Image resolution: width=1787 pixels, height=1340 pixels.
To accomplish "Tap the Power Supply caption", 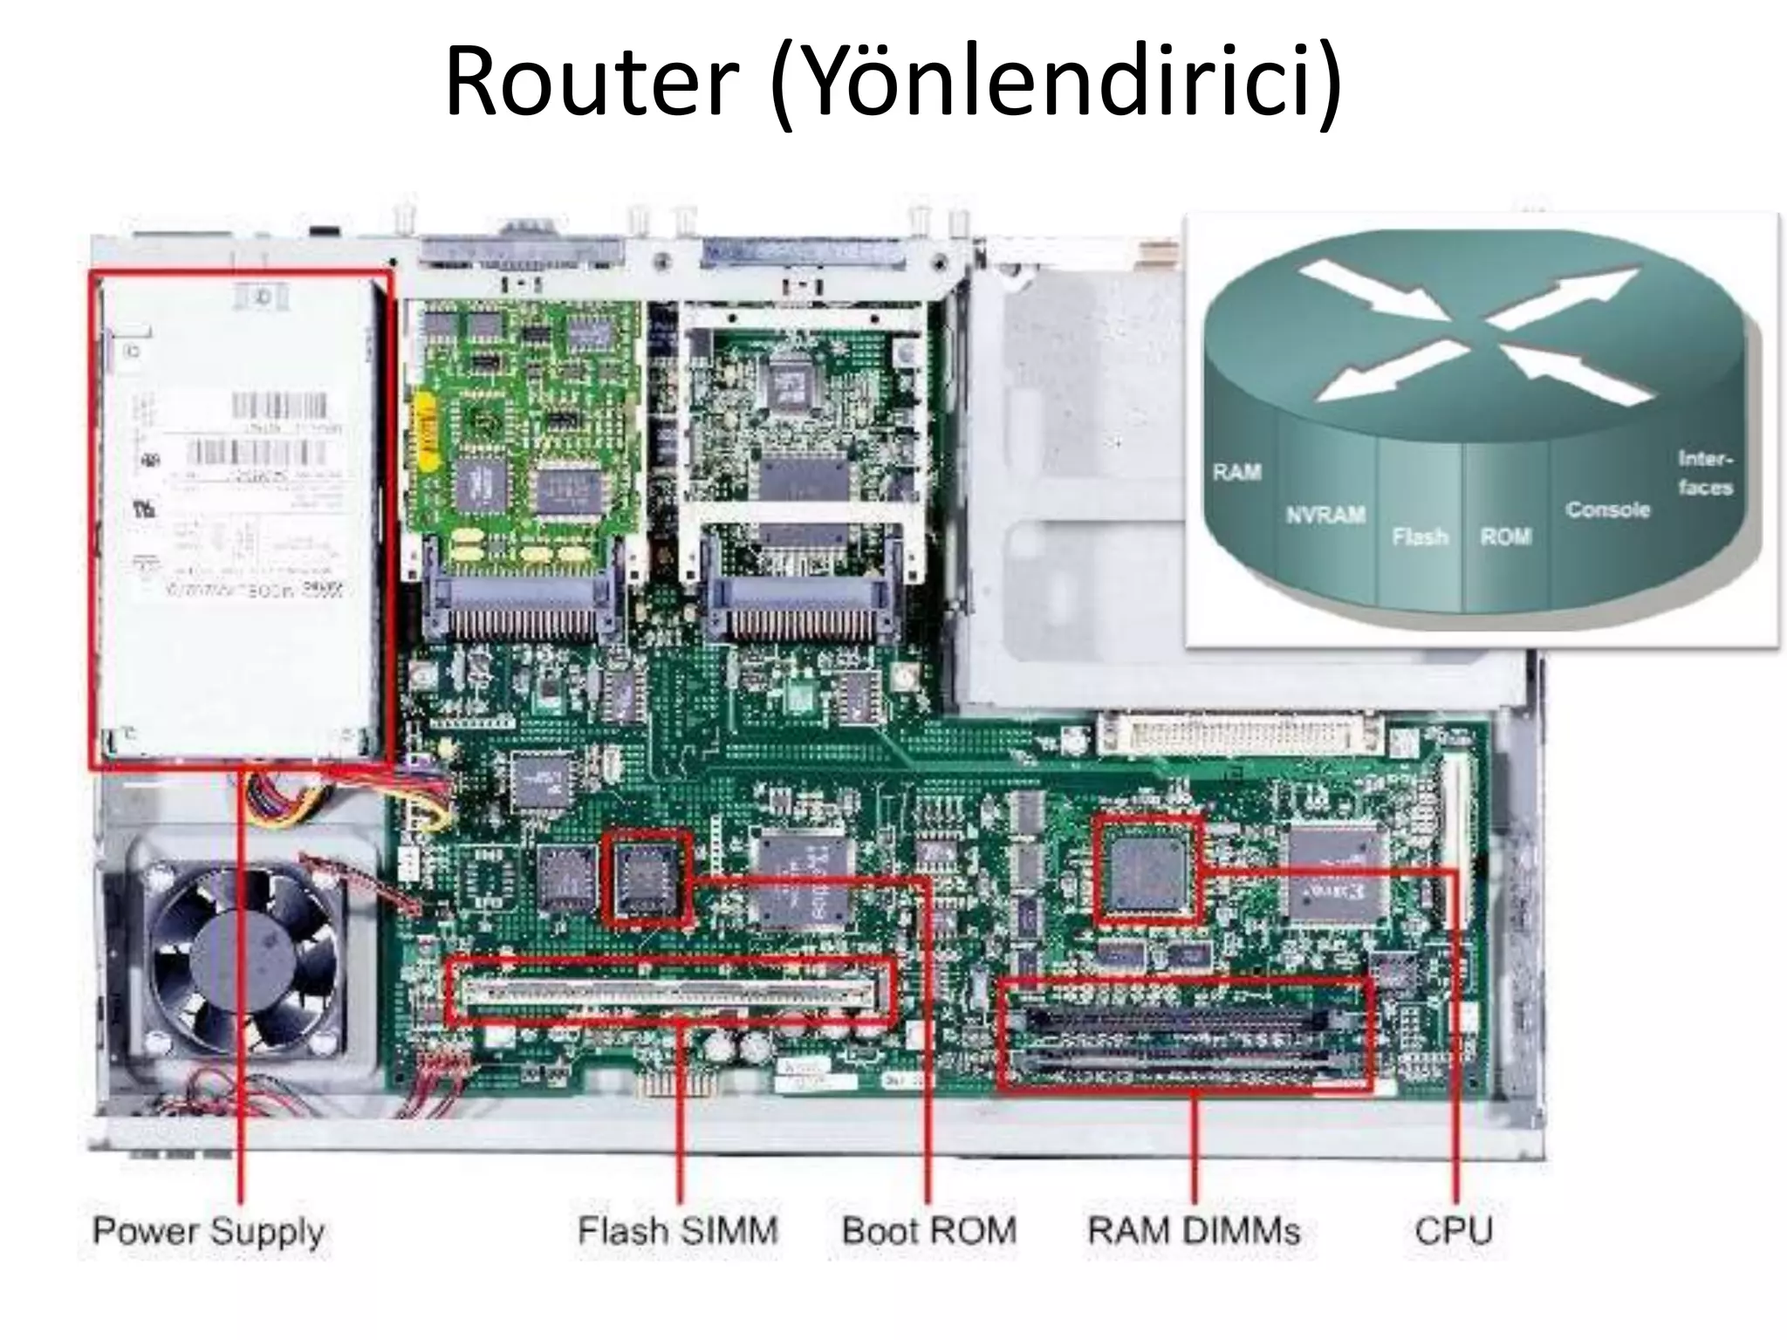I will (x=209, y=1231).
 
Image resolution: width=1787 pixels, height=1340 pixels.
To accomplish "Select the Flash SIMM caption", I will (x=677, y=1231).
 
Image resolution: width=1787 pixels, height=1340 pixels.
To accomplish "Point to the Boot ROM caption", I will (x=929, y=1231).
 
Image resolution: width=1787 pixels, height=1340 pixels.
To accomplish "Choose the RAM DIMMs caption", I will (x=1194, y=1231).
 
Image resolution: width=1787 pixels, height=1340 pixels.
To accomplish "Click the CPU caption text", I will (x=1454, y=1231).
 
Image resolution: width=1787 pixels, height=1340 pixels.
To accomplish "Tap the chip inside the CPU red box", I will (x=1147, y=870).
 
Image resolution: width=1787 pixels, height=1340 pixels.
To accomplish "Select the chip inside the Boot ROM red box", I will (x=647, y=877).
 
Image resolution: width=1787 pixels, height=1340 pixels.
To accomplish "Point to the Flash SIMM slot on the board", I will (x=669, y=990).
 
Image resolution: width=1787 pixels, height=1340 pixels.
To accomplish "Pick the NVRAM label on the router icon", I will (x=1325, y=515).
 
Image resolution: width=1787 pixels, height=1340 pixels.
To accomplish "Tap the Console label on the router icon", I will (x=1607, y=509).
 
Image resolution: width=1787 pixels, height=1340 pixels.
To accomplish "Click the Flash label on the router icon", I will (x=1420, y=536).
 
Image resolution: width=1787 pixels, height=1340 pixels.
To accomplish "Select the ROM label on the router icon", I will (x=1505, y=536).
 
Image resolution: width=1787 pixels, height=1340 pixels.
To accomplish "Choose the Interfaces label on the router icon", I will (x=1705, y=472).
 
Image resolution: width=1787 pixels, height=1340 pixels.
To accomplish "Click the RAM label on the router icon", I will (x=1236, y=472).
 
